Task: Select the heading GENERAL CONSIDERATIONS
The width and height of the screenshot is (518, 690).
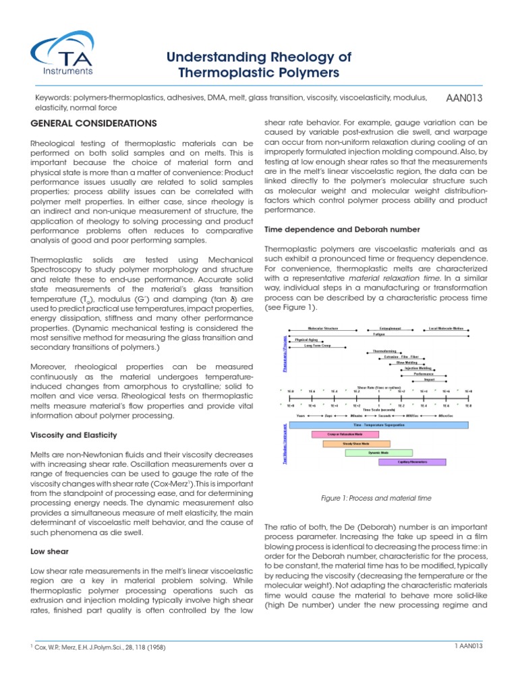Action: click(x=94, y=123)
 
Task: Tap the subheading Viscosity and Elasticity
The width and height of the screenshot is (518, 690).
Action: click(x=77, y=435)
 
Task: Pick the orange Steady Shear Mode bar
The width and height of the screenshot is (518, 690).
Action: click(x=355, y=444)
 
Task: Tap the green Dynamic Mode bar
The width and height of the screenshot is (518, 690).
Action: click(x=378, y=453)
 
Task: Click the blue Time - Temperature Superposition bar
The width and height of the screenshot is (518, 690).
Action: click(x=379, y=425)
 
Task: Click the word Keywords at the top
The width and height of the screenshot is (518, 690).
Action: click(x=52, y=98)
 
